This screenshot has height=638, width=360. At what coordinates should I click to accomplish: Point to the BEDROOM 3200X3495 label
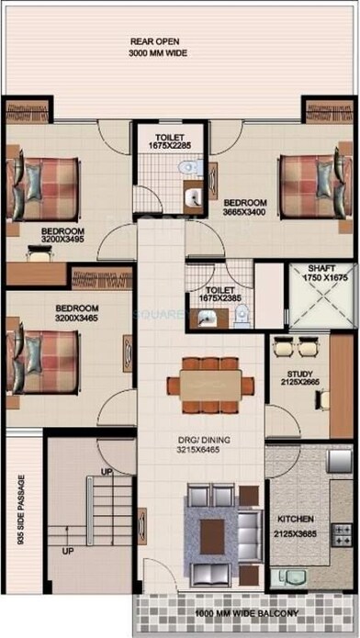62,236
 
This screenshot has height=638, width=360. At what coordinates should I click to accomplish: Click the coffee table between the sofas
213,528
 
